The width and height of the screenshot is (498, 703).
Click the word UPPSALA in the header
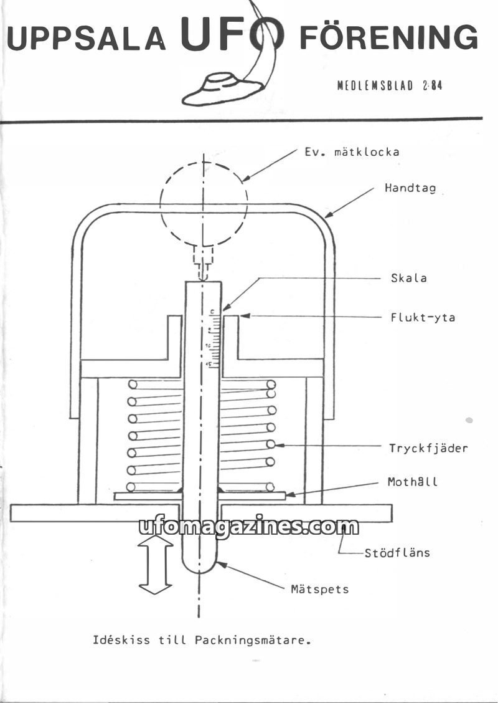click(87, 39)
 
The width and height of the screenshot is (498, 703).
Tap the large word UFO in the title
click(232, 34)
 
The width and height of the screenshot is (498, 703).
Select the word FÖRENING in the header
click(388, 38)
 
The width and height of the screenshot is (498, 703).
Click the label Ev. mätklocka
click(352, 151)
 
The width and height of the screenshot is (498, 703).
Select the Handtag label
click(410, 188)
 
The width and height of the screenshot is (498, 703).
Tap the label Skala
click(409, 278)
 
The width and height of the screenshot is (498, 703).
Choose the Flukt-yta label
click(423, 317)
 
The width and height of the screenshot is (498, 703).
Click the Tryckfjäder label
click(428, 447)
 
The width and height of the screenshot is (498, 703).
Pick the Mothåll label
click(413, 482)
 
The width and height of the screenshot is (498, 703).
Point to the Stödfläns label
click(397, 552)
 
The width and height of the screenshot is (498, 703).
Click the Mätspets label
click(320, 588)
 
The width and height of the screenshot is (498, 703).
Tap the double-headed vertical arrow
click(155, 565)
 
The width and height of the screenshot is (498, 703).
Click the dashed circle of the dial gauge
click(204, 204)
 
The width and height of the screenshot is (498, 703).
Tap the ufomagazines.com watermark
click(248, 527)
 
